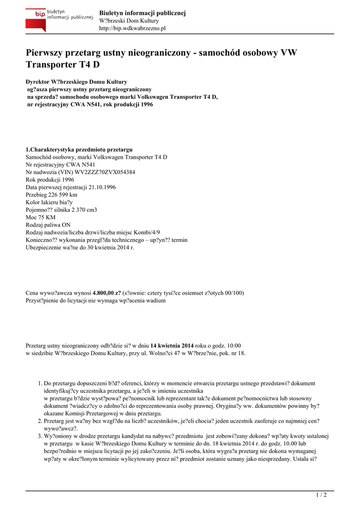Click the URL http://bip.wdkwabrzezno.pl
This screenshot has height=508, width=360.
point(133,28)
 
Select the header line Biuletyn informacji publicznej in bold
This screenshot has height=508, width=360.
point(142,13)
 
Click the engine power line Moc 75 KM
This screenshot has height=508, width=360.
point(41,217)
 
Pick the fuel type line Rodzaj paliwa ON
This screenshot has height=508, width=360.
point(48,225)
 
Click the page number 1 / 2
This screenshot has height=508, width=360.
point(322,495)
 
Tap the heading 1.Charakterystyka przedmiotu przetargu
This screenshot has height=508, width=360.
point(79,149)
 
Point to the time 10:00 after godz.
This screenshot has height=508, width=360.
point(233,345)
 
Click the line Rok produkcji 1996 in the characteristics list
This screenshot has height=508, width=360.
point(50,180)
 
